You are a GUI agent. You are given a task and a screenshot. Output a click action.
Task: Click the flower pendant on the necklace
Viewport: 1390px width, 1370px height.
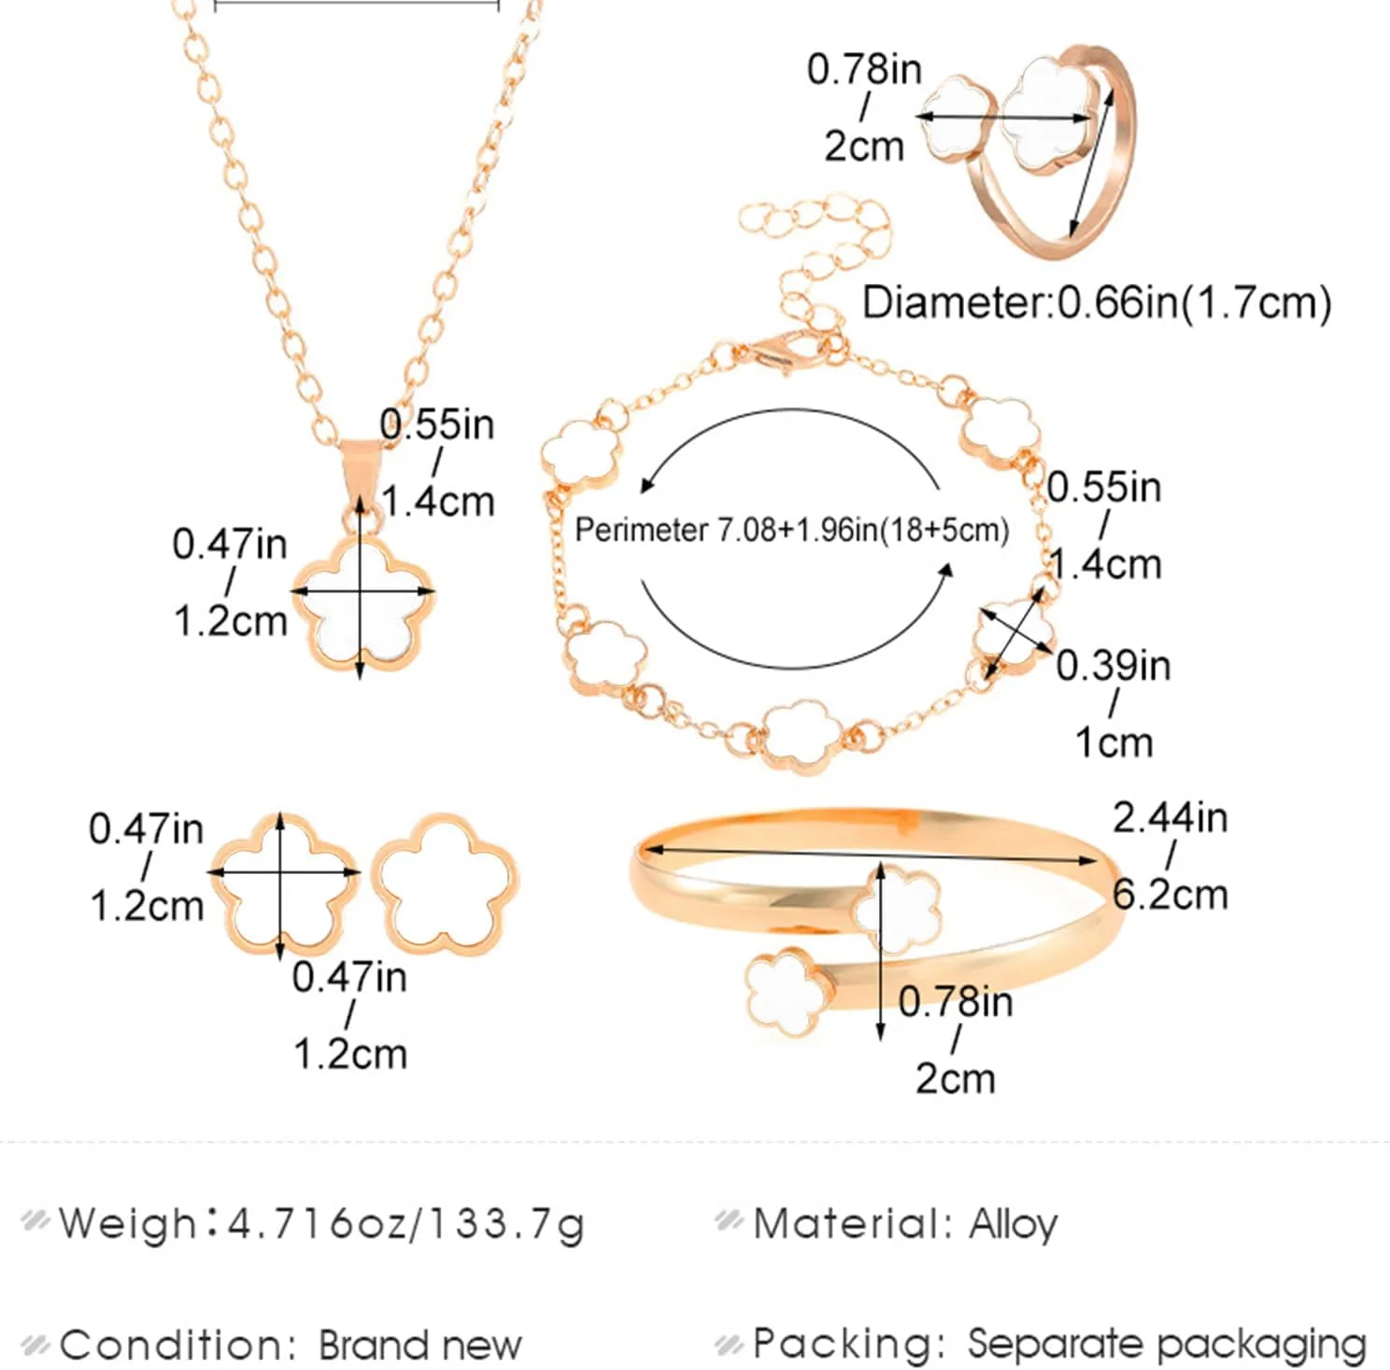362,600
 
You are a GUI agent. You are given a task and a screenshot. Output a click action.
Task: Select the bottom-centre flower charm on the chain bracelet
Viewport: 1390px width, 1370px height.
801,737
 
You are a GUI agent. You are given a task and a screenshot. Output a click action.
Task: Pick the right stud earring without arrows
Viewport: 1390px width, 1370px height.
446,883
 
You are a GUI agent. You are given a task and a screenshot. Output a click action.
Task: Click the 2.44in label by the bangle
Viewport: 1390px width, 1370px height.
1170,818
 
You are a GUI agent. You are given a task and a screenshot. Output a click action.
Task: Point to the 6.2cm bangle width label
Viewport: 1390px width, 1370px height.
1170,895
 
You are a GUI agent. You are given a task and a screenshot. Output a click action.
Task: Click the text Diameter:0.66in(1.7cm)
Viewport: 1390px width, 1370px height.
1097,303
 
